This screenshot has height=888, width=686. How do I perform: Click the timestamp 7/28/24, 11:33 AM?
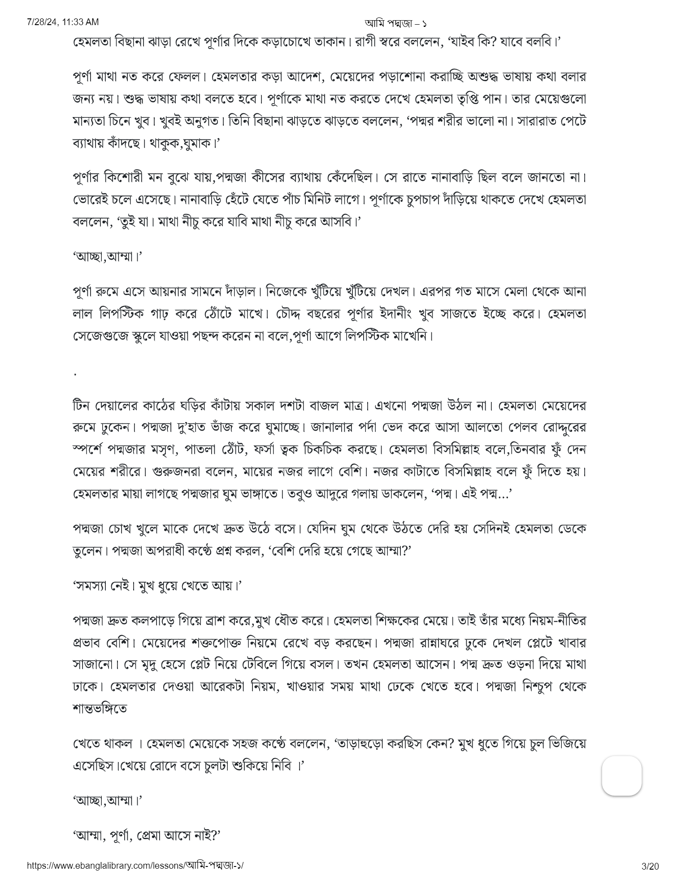63,22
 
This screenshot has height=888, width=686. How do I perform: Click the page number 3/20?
650,866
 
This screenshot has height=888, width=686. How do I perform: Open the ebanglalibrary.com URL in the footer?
135,866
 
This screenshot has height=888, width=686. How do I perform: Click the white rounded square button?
621,776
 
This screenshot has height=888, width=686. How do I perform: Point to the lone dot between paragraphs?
75,374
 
